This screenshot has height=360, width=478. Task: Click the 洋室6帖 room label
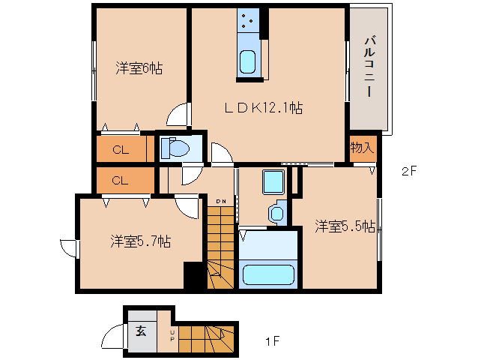click(x=139, y=68)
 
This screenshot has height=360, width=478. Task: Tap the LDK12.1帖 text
click(x=264, y=108)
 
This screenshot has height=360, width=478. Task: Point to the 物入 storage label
click(x=362, y=147)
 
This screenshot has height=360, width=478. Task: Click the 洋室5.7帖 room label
click(x=140, y=241)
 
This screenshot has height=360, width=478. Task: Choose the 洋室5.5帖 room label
click(x=344, y=225)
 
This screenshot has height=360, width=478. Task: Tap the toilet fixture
click(x=176, y=148)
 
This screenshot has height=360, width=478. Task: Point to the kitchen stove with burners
click(x=248, y=22)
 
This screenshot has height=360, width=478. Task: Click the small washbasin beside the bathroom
click(x=277, y=212)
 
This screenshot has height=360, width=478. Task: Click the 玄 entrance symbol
click(x=141, y=330)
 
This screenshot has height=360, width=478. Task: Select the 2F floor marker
click(x=408, y=171)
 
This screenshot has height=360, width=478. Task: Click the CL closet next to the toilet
click(x=124, y=149)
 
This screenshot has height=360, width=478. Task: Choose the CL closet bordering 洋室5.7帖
click(x=124, y=180)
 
